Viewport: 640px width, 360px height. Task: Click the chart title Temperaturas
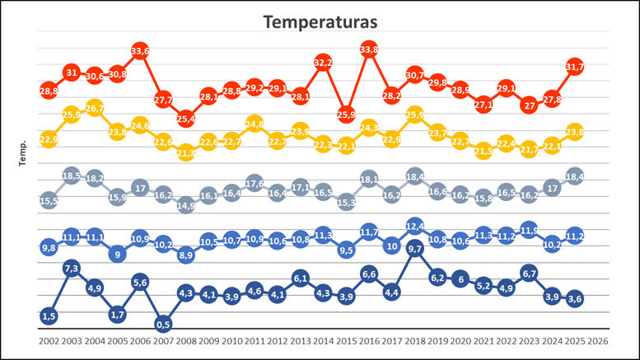320,22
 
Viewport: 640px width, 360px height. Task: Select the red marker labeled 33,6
140,51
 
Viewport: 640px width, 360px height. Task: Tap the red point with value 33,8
369,50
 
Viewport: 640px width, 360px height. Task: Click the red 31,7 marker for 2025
575,67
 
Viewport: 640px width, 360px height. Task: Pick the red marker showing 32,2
323,63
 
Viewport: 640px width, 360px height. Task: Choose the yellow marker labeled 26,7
94,108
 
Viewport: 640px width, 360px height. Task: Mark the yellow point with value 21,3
185,152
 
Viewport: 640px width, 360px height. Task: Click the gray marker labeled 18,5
72,175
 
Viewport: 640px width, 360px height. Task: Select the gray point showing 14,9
185,205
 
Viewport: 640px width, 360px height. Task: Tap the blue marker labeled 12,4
414,226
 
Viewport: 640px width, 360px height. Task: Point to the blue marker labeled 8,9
185,255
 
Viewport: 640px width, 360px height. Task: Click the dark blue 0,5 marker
163,324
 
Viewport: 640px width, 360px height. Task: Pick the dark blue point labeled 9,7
414,248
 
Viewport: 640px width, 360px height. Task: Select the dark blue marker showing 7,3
72,268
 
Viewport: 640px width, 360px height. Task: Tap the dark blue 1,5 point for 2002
49,316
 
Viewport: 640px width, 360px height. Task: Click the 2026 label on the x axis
598,339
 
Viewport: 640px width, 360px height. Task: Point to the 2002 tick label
49,339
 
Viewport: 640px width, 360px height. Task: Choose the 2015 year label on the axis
346,339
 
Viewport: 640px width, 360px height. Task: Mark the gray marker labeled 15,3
346,202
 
